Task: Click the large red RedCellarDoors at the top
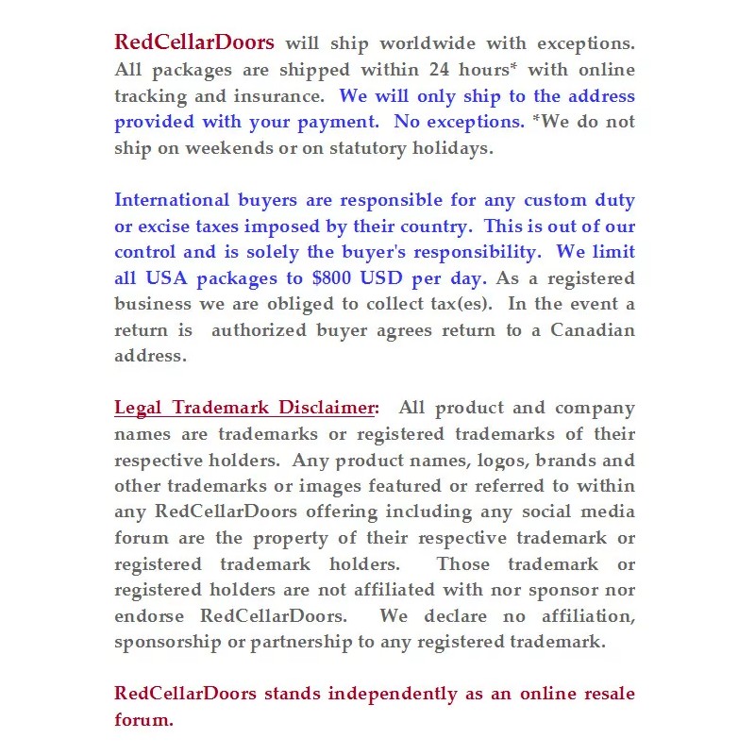pos(194,42)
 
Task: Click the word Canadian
pos(593,330)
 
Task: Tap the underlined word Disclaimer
pos(327,409)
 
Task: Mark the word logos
pos(467,461)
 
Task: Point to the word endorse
pos(154,616)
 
